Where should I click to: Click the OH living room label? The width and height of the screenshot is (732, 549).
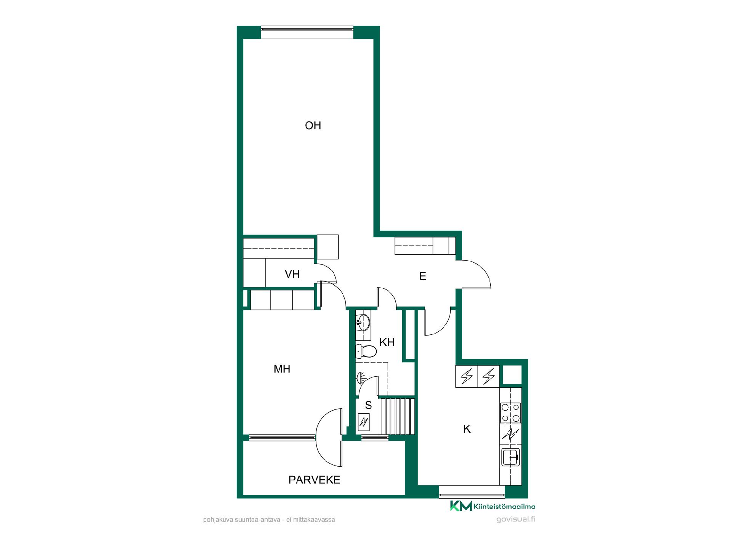[313, 125]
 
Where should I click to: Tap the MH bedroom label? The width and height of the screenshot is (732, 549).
[282, 369]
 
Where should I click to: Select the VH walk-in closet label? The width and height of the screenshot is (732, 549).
[292, 274]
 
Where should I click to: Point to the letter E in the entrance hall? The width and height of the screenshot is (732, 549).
[422, 276]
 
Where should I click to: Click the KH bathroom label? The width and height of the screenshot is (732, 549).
[387, 342]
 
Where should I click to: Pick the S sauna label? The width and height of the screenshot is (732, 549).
[368, 405]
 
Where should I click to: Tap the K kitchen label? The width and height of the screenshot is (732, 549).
[467, 429]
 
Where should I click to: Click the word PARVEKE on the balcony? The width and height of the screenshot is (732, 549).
[314, 480]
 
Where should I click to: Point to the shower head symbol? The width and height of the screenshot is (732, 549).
[361, 378]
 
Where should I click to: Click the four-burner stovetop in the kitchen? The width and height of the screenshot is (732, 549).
[510, 413]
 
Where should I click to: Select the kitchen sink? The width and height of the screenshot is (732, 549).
[510, 457]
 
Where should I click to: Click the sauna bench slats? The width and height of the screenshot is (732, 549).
[398, 416]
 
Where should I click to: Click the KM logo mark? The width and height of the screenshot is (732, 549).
[461, 506]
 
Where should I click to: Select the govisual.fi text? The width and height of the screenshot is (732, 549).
[516, 519]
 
